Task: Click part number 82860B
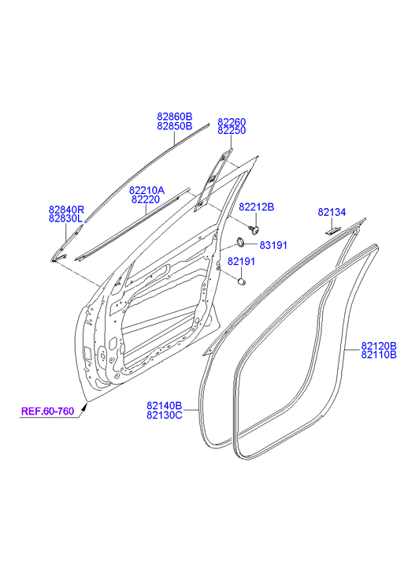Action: pos(175,117)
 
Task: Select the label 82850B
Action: pos(175,126)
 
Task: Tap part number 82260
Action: pos(232,121)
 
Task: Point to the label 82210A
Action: pos(146,191)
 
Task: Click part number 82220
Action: pos(146,199)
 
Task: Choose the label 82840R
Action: pos(66,210)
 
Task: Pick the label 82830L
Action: pos(65,219)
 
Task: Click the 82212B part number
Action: pos(257,207)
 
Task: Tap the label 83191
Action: pos(273,245)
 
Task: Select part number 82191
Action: pos(241,262)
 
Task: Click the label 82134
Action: pos(332,212)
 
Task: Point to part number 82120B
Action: pos(379,346)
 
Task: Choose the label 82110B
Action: pos(379,355)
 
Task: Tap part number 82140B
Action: pos(165,406)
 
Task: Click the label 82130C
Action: pos(165,415)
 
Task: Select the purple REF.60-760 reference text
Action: pos(47,411)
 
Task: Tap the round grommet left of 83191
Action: pos(241,241)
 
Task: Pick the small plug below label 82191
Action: pos(241,281)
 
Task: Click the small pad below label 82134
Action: pos(333,231)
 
